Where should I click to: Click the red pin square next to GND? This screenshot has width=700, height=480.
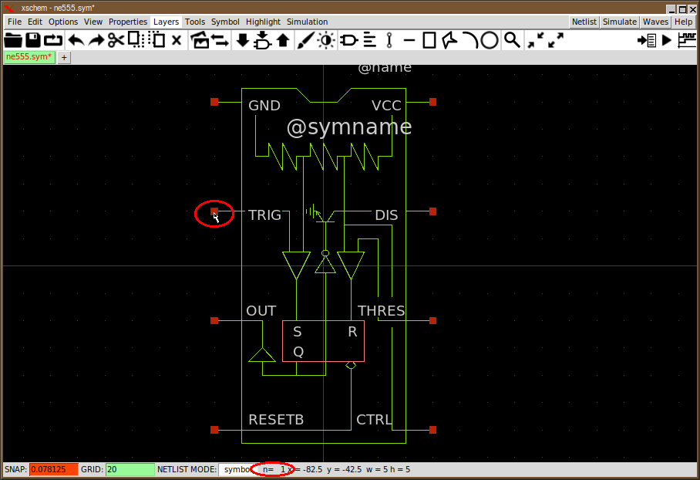(215, 102)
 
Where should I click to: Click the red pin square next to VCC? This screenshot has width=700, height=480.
(433, 102)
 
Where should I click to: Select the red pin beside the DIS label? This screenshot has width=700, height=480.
(433, 211)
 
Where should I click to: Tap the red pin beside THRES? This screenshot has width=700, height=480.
(433, 320)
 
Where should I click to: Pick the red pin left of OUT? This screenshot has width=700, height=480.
(215, 320)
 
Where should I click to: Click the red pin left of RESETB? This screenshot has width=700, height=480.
(215, 430)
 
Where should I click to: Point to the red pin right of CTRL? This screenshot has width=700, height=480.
(433, 430)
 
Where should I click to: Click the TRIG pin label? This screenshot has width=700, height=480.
(264, 215)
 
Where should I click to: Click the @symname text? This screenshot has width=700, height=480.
(348, 127)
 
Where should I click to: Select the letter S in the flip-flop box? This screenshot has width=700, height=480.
(298, 333)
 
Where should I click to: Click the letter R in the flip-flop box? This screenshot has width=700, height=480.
(352, 333)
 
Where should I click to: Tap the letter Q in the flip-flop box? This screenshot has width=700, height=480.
(298, 352)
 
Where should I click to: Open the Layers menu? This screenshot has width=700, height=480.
(166, 22)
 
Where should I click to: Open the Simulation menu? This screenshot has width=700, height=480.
(307, 22)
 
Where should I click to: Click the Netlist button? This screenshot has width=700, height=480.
(584, 22)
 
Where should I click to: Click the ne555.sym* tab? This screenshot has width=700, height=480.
(29, 57)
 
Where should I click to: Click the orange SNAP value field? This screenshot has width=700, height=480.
(53, 469)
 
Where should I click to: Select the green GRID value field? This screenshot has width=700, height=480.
(130, 469)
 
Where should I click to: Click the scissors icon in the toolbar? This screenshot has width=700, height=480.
(116, 40)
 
